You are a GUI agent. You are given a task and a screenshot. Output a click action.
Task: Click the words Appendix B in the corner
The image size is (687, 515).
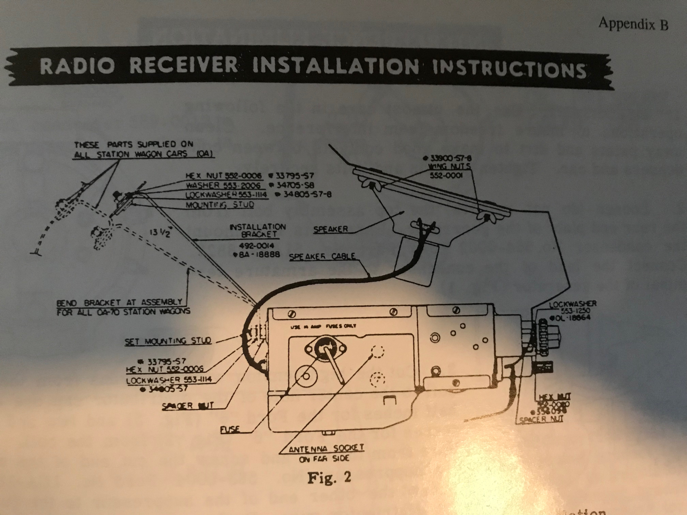click(633, 24)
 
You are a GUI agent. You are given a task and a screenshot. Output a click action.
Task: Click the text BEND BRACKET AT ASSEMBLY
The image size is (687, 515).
click(119, 302)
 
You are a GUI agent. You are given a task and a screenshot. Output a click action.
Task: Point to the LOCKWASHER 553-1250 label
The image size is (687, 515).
click(572, 307)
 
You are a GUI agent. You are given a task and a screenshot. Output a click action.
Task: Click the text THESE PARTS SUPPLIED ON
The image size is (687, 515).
click(134, 145)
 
